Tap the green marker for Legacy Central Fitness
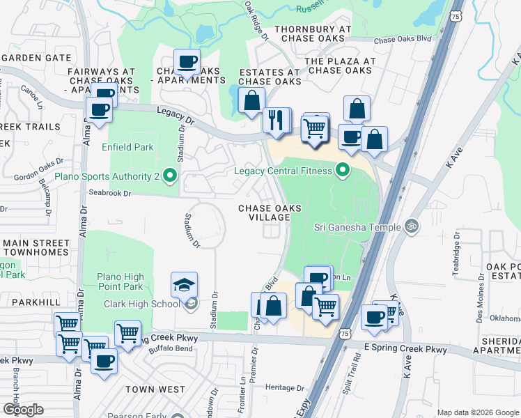(x=342, y=170)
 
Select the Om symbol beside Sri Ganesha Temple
(x=411, y=226)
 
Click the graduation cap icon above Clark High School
(x=184, y=286)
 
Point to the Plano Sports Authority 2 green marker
(x=169, y=178)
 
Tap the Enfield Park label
(x=127, y=147)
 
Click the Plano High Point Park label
(x=120, y=281)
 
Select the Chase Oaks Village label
(x=265, y=212)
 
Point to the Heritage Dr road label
(x=285, y=387)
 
